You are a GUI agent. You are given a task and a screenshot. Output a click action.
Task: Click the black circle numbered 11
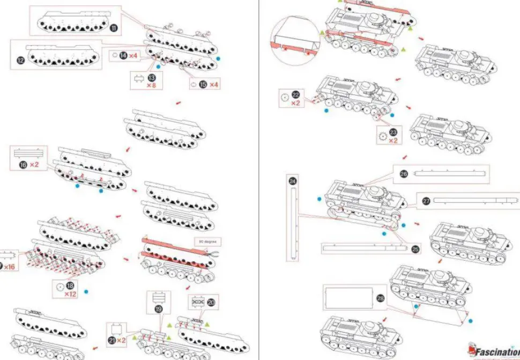(x=114, y=28)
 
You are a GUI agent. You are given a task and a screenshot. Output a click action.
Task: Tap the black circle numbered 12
(x=21, y=61)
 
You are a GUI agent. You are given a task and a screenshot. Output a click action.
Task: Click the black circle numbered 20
(x=211, y=303)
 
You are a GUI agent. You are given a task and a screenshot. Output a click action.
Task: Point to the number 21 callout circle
(x=112, y=340)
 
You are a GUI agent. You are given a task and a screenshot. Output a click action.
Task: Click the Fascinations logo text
(x=496, y=352)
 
